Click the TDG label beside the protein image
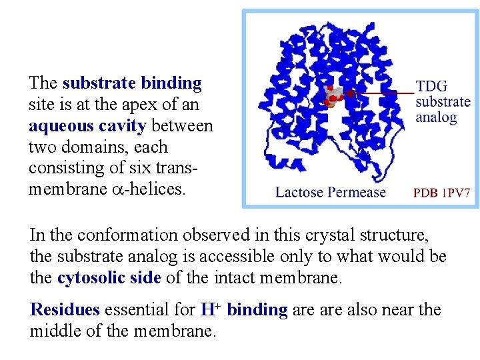click(x=431, y=87)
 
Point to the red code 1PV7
click(x=455, y=193)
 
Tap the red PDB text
click(x=425, y=193)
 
